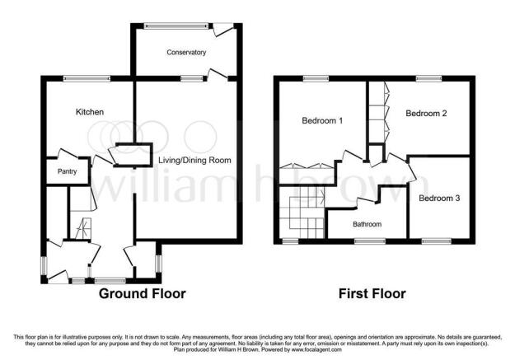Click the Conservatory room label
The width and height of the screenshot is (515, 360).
point(186,52)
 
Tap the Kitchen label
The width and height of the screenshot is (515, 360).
point(90,112)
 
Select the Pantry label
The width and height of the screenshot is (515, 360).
point(67,171)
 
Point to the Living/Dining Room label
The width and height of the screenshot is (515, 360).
point(194,161)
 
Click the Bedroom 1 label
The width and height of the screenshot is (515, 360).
point(322,120)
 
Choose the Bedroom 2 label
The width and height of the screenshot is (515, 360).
point(426,114)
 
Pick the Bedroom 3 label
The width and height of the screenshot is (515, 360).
point(439,198)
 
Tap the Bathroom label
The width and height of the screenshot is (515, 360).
point(368,224)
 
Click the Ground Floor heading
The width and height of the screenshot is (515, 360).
point(143,293)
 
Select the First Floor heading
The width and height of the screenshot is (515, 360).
point(372,293)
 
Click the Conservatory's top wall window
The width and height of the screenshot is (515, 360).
point(176,26)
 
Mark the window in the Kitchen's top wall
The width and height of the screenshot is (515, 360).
point(87,78)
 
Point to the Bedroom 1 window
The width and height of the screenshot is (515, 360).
point(316,78)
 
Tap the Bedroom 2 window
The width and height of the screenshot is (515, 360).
point(429,78)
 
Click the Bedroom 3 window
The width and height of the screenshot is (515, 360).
point(437,241)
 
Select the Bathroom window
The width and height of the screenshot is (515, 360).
point(370,241)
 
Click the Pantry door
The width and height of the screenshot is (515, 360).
point(68,154)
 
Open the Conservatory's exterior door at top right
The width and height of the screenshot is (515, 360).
point(223,30)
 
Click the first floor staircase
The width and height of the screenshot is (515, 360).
point(302,213)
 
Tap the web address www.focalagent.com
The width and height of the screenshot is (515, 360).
point(316,350)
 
